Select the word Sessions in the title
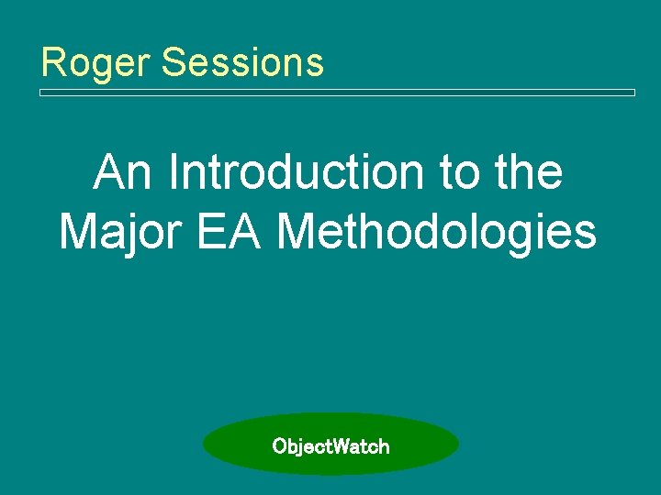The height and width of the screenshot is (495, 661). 241,62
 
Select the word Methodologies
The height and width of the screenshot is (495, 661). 438,232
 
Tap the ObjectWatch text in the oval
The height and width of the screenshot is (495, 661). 330,446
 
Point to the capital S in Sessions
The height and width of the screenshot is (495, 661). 173,62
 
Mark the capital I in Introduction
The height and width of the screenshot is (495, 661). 175,172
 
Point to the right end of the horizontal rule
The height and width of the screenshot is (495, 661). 633,93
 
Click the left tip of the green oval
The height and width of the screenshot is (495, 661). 204,445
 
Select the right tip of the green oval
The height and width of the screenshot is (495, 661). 458,445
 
